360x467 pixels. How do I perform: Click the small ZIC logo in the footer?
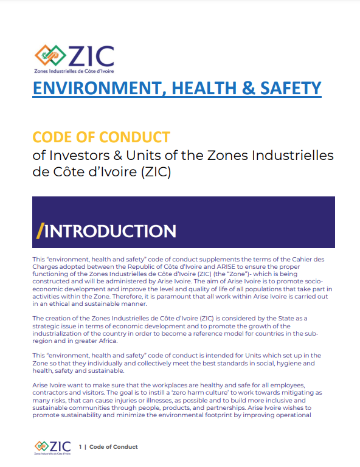pyautogui.click(x=53, y=448)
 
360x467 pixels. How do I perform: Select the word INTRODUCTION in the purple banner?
pyautogui.click(x=111, y=231)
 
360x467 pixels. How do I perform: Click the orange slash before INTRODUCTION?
pyautogui.click(x=40, y=231)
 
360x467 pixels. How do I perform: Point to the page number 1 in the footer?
pyautogui.click(x=80, y=447)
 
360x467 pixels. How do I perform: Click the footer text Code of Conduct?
pyautogui.click(x=114, y=447)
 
